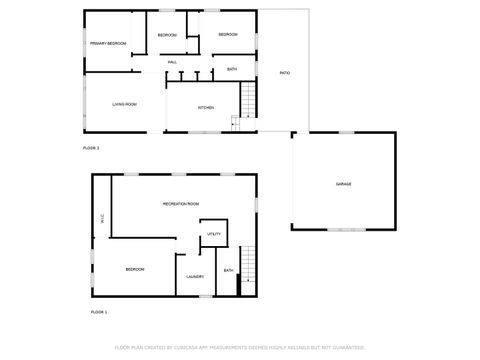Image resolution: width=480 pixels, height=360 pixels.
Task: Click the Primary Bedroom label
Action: click(x=108, y=43)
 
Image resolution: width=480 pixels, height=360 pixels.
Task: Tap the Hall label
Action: click(x=173, y=62)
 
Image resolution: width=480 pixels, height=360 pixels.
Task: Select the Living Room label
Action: click(x=124, y=103)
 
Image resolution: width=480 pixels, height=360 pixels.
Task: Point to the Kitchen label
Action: click(x=206, y=107)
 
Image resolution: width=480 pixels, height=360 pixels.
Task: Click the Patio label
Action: click(x=285, y=72)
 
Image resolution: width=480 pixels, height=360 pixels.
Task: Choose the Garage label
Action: click(x=343, y=184)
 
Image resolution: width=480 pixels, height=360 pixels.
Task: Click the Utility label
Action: click(x=214, y=234)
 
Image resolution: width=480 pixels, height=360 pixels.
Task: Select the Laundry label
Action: click(x=195, y=276)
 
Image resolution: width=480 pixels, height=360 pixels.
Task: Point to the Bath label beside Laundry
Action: click(x=229, y=270)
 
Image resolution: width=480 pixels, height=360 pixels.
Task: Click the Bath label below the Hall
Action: click(x=232, y=68)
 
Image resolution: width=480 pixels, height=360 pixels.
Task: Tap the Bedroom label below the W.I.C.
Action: click(x=135, y=269)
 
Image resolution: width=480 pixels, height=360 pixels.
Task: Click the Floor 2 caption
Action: click(x=91, y=148)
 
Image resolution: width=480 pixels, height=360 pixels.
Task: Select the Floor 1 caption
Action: click(x=99, y=313)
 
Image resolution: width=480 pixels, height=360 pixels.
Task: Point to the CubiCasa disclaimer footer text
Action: click(x=239, y=348)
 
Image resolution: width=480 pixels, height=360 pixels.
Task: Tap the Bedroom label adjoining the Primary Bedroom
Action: click(x=167, y=35)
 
